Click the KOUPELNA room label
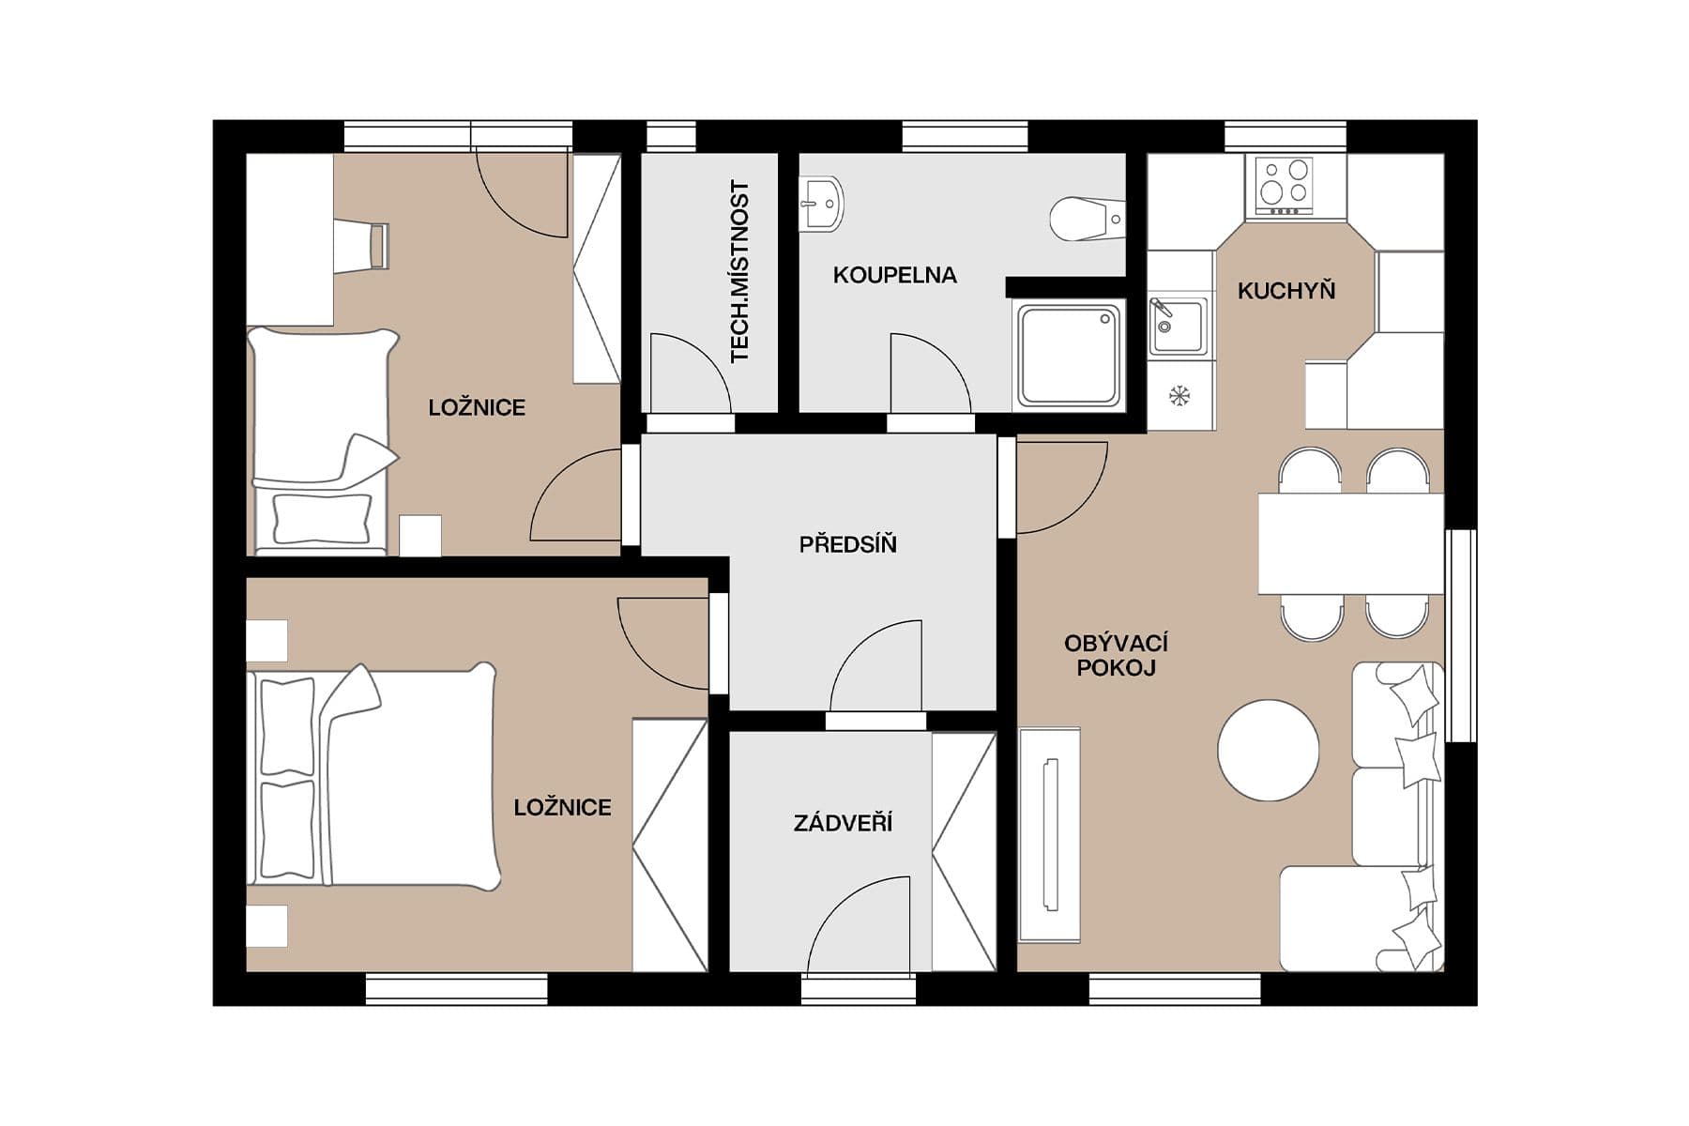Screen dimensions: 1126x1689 [x=894, y=275]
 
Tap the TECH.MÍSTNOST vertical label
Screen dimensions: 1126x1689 [x=740, y=272]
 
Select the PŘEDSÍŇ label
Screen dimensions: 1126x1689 [x=847, y=544]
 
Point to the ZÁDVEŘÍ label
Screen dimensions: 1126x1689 [x=843, y=823]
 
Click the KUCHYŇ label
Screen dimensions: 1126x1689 [x=1286, y=291]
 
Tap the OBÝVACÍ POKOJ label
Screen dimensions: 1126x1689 [x=1116, y=655]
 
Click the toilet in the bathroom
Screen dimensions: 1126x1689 [x=1084, y=219]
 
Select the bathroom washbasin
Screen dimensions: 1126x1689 [x=821, y=204]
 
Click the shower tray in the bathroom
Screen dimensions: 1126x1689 [x=1068, y=356]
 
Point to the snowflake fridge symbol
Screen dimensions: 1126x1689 [x=1179, y=395]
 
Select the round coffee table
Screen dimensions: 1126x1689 [x=1268, y=751]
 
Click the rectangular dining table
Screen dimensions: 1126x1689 [x=1350, y=543]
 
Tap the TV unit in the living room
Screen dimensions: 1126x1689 [x=1050, y=834]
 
